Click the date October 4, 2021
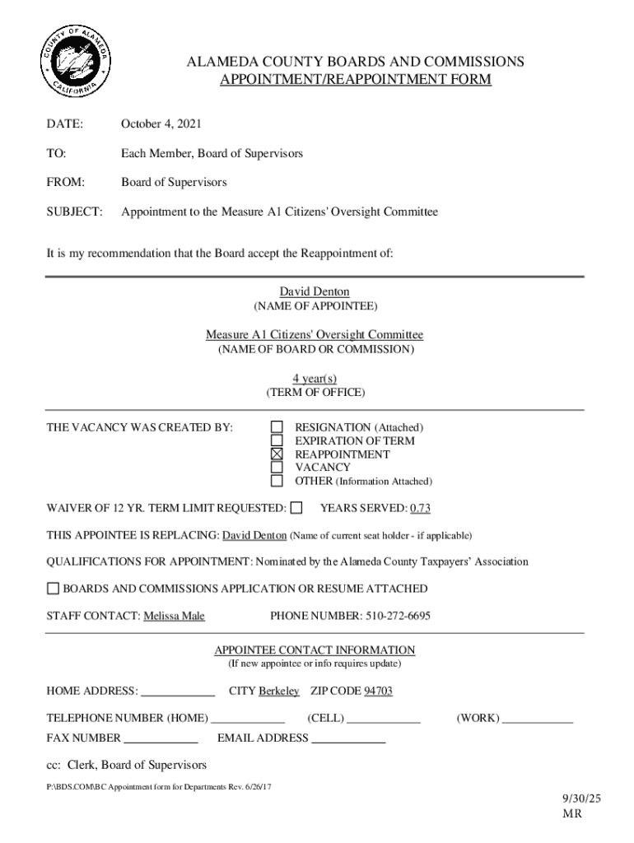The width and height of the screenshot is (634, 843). pos(161,124)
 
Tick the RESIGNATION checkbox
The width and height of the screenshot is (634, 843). pos(277,427)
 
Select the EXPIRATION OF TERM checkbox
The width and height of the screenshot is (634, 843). pos(277,440)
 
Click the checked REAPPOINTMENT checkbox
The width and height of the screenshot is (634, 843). pos(277,454)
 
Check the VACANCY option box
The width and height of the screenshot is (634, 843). pos(277,468)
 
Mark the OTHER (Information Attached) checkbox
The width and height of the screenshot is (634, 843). pos(277,481)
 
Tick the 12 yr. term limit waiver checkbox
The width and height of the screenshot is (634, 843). pos(296,507)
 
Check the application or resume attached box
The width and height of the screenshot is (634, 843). pos(54,589)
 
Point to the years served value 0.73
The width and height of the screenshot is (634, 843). pos(420,508)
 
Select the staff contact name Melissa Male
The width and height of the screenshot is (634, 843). pos(174,616)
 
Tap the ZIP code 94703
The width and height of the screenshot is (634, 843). pos(378,691)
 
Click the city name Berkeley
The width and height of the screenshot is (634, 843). pos(279,691)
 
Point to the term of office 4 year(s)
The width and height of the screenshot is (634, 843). pos(315,378)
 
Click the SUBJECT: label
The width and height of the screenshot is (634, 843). pos(74,212)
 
